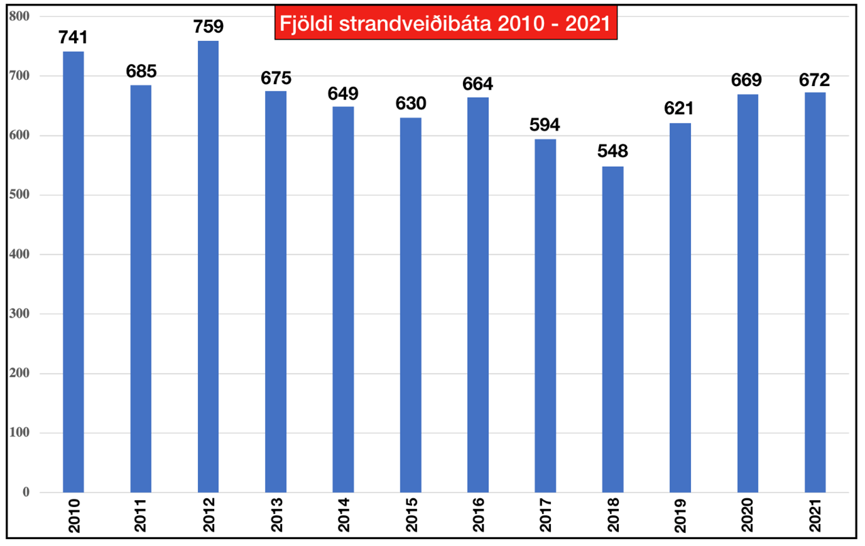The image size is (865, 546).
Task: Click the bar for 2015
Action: pyautogui.click(x=410, y=304)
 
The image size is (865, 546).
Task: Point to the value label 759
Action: pyautogui.click(x=208, y=26)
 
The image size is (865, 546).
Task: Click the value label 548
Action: pyautogui.click(x=612, y=152)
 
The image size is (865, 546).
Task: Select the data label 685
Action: pyautogui.click(x=141, y=70)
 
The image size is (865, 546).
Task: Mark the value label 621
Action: pyautogui.click(x=680, y=108)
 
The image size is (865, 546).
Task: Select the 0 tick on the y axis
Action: pyautogui.click(x=26, y=492)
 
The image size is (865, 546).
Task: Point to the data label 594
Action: pyautogui.click(x=545, y=125)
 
